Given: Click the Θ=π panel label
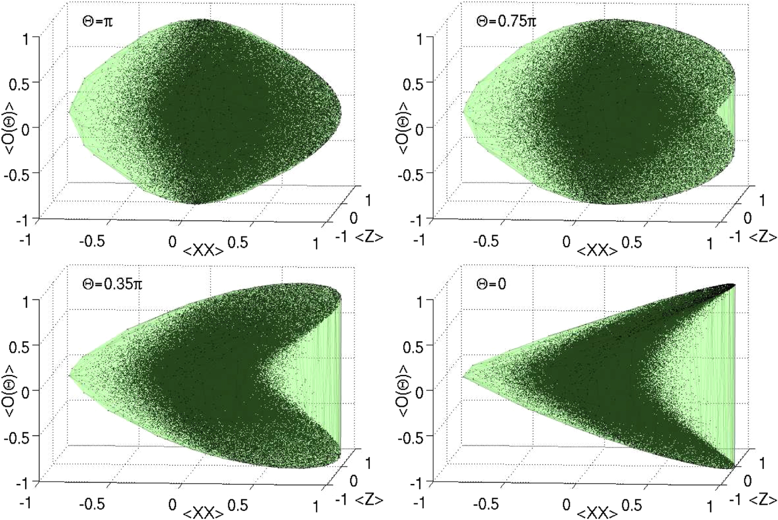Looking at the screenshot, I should point(97,21).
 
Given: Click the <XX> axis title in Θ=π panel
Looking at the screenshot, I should point(203,250).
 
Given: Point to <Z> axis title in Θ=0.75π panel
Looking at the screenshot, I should point(763,236).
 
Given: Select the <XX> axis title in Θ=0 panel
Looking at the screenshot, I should point(597,513).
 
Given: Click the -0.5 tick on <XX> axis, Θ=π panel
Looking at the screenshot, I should point(92,241).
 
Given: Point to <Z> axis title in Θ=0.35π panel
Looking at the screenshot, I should point(369,500).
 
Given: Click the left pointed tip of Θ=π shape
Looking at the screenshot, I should point(70,112).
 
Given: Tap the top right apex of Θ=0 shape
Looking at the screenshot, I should point(733,285).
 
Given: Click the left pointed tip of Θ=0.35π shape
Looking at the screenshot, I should point(70,375).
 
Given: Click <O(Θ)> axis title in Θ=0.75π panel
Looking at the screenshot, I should point(404,128).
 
